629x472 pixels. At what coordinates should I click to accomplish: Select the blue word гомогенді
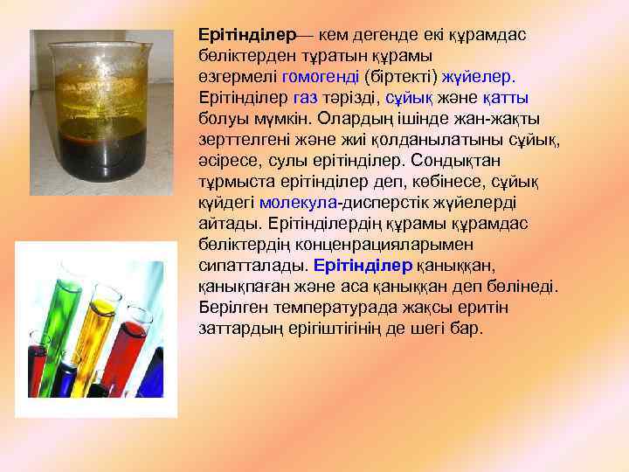point(314,77)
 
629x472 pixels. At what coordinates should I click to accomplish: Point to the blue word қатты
point(506,97)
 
